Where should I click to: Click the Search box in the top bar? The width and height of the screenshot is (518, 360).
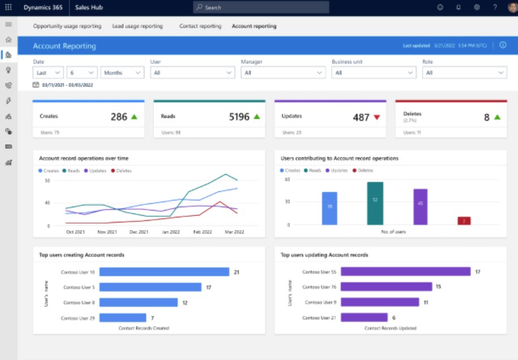point(261,7)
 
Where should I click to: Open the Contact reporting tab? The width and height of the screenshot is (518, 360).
point(200,26)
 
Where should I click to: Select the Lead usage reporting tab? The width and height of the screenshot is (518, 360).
point(137,26)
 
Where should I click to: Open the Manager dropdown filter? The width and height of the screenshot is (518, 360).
point(283,72)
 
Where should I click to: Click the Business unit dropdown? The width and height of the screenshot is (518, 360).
point(373,72)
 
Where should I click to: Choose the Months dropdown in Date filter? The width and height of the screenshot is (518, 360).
point(122,72)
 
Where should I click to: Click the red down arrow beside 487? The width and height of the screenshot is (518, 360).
point(377,117)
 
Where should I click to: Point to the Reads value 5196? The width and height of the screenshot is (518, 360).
point(239,117)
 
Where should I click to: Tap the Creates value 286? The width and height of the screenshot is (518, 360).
point(119,117)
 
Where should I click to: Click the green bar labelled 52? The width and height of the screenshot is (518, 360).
point(375,203)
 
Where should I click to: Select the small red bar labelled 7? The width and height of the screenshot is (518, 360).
point(464,221)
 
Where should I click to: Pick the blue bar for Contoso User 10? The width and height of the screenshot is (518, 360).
point(164,272)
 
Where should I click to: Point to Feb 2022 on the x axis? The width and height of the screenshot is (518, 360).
point(202,232)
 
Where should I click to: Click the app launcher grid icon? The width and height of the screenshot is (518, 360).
point(8,7)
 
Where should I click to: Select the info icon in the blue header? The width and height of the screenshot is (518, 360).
point(503,45)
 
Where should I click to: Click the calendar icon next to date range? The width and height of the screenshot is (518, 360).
point(36,85)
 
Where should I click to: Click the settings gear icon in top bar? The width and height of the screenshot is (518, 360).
point(477,7)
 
